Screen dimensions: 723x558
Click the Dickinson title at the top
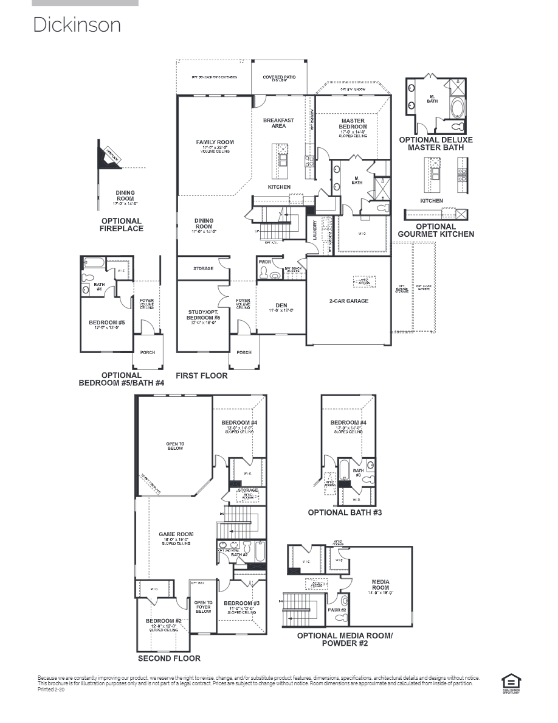[77, 25]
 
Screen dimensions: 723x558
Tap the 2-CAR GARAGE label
[349, 301]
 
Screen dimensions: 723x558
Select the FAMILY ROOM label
[215, 142]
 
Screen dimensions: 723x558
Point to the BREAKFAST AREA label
[278, 123]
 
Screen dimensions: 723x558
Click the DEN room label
[281, 306]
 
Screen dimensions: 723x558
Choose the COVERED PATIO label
[279, 77]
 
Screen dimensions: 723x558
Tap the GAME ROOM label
[176, 534]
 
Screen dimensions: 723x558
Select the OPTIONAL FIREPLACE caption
[122, 225]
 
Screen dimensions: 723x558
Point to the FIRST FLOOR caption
[202, 375]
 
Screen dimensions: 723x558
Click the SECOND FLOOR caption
[169, 658]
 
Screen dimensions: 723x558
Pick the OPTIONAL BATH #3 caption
[345, 512]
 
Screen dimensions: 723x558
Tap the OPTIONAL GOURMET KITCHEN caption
[436, 230]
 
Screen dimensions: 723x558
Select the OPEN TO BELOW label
[175, 446]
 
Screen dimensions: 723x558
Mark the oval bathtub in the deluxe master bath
[456, 109]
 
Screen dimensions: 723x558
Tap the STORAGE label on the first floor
[204, 268]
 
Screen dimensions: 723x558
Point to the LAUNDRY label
[314, 229]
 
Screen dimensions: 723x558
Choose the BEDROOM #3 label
[241, 604]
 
